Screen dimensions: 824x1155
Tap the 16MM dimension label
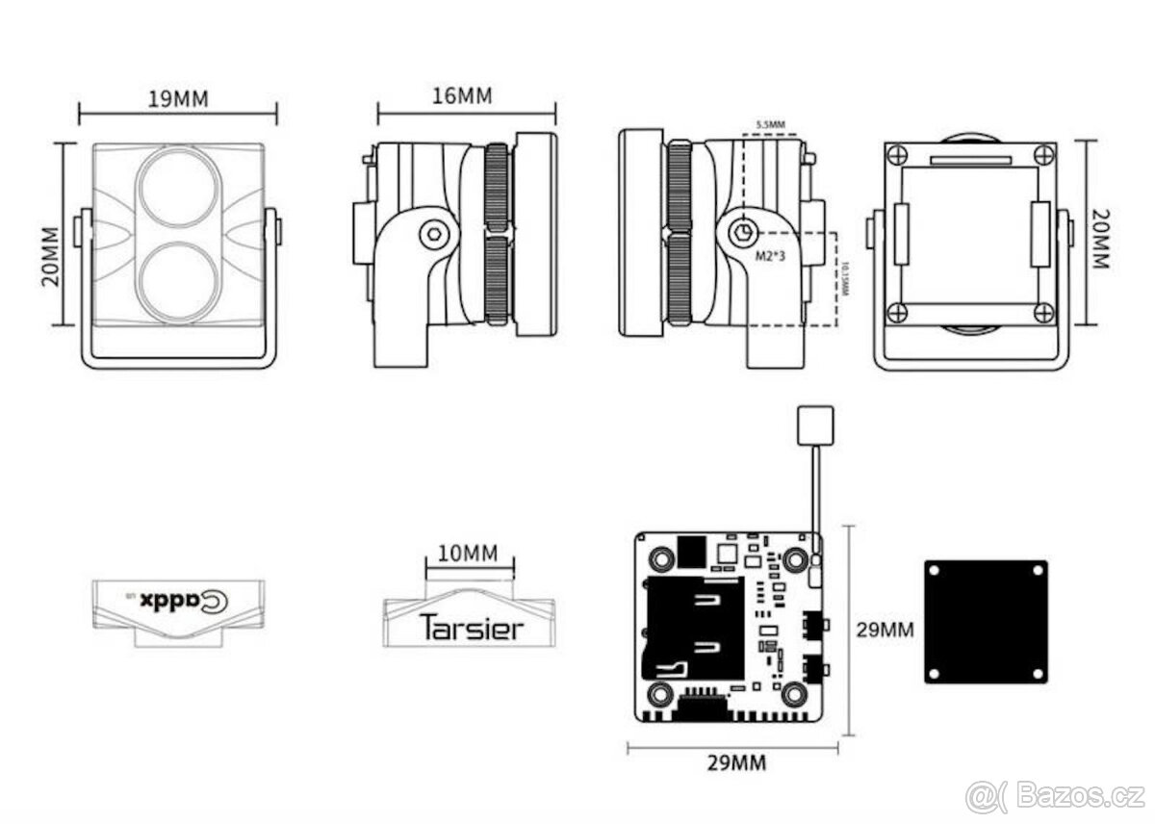coord(461,96)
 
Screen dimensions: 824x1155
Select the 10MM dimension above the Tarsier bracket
coord(468,553)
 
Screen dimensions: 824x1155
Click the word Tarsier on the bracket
coord(472,628)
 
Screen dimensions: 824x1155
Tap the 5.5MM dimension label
coord(770,125)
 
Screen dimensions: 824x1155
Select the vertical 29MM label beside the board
coord(885,631)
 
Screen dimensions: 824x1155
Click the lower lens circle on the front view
coord(177,280)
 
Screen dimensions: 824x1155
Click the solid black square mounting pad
coord(986,621)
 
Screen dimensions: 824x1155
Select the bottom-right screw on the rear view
coord(1043,312)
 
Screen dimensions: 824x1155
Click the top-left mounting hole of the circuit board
coord(661,558)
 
